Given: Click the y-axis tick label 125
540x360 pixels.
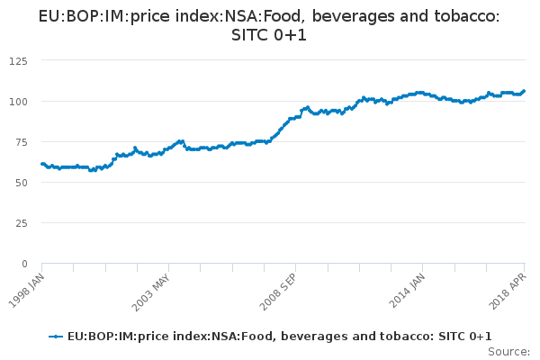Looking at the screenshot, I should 17,60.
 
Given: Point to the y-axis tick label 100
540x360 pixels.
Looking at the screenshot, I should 17,101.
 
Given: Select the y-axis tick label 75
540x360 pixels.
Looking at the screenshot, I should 20,141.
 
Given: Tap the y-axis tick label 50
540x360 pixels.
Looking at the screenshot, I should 20,182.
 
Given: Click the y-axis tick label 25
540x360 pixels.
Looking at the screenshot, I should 20,222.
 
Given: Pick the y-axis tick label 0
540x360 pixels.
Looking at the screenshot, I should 23,263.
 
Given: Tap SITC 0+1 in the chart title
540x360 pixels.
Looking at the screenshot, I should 270,36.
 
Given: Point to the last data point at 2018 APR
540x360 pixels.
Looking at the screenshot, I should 524,91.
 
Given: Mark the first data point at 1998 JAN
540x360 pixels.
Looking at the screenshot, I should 42,164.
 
